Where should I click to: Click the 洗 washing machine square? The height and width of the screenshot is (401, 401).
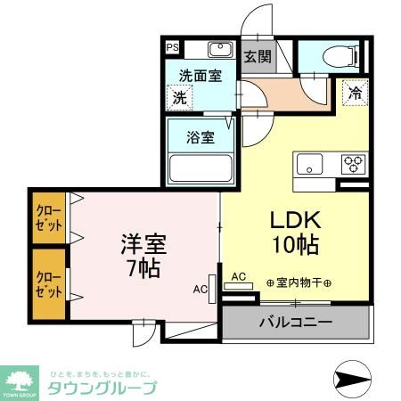pos(181,96)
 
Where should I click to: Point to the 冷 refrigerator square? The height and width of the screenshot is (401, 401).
pos(355,92)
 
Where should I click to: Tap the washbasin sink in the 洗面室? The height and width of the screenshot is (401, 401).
pos(220,50)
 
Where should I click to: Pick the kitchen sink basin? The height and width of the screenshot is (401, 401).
pos(311,164)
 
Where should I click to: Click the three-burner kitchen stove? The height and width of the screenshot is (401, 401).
pos(354,164)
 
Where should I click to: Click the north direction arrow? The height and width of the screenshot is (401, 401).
pos(355,378)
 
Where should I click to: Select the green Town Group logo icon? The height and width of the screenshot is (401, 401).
pos(19,379)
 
